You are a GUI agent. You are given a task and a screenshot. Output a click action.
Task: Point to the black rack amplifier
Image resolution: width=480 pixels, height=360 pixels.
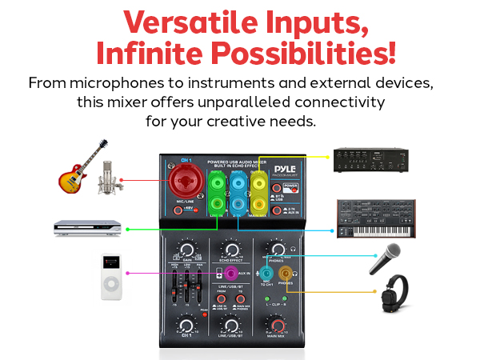(368, 158)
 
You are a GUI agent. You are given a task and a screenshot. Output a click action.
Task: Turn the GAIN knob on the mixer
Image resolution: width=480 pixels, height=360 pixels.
(186, 250)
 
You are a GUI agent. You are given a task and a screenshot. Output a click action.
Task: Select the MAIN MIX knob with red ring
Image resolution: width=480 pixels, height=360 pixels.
(274, 326)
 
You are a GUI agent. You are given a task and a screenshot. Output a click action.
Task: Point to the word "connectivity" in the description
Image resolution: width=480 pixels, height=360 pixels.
(337, 102)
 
